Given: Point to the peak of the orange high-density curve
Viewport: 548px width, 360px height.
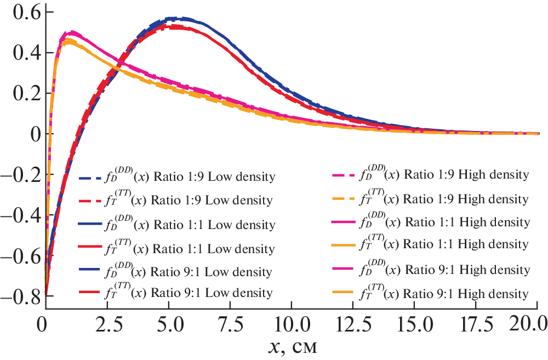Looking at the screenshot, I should click(68, 40).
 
